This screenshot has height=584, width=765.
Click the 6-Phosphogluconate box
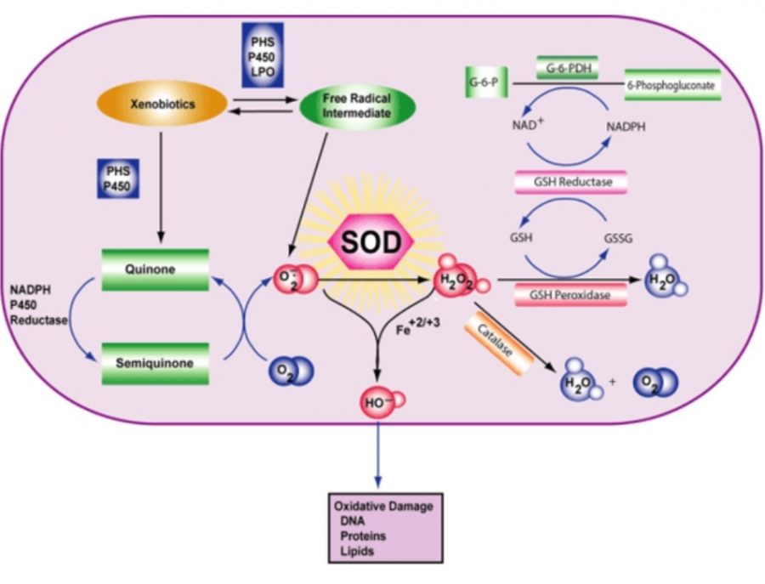coord(672,84)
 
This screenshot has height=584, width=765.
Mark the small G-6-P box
coord(482,84)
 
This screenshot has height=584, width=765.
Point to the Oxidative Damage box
coord(383,527)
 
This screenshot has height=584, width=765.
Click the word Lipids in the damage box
coord(358,552)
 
